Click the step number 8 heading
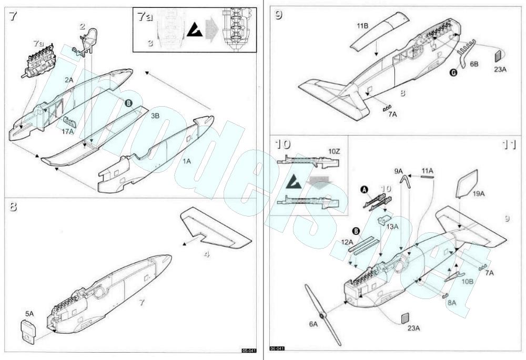coord(13,207)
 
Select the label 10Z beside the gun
coord(334,151)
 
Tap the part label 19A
coord(479,193)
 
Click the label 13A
coord(392,227)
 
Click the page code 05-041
coord(248,351)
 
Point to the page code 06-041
coord(277,349)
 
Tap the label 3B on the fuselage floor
coord(156,115)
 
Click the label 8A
coord(451,303)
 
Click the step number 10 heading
coord(282,144)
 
